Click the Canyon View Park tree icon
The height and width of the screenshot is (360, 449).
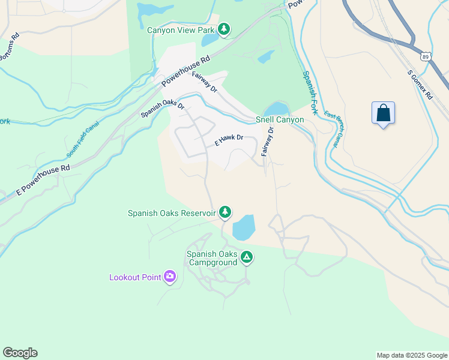click(x=224, y=29)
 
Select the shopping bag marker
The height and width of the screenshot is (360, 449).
click(x=383, y=113)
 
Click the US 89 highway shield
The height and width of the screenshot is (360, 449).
click(x=425, y=56)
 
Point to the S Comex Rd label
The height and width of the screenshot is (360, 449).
click(x=420, y=84)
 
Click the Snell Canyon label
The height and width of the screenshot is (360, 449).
click(x=280, y=119)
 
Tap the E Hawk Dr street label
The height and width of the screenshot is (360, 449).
click(x=229, y=140)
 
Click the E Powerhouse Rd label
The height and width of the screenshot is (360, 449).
click(x=43, y=179)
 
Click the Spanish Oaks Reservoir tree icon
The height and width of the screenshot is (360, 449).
click(x=225, y=211)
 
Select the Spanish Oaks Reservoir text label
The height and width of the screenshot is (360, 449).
click(x=172, y=213)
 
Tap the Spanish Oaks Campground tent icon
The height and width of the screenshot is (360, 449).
click(x=246, y=258)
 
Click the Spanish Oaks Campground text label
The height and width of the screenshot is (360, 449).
click(x=212, y=258)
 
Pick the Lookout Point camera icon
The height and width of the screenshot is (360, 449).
click(x=170, y=277)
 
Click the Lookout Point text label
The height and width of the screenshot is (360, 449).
click(x=135, y=277)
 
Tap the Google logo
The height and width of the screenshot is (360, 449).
click(x=20, y=353)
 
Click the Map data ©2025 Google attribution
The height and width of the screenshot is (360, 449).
click(x=411, y=355)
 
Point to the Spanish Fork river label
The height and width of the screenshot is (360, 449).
click(x=312, y=93)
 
